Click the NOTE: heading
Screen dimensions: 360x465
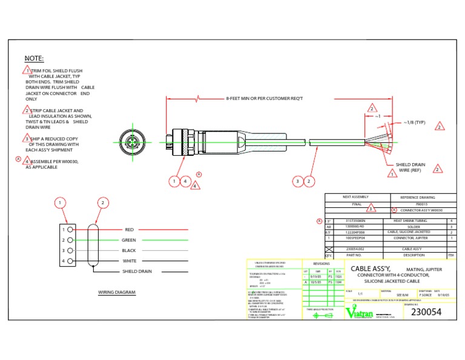(34, 59)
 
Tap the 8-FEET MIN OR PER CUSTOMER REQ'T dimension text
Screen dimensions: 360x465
(264, 98)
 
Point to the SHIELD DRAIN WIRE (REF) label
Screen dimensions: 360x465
(411, 167)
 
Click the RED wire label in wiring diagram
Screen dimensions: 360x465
(129, 230)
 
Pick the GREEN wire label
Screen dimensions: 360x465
(129, 241)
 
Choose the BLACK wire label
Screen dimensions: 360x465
(129, 250)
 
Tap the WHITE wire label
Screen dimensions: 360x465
(130, 261)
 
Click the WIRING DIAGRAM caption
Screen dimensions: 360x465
(117, 292)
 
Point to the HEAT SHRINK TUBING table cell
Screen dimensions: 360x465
(406, 221)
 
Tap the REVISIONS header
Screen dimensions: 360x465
(322, 264)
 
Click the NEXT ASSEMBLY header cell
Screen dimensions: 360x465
(355, 197)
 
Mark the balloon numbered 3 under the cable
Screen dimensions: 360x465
(297, 181)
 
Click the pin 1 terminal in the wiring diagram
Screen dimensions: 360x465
(71, 230)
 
